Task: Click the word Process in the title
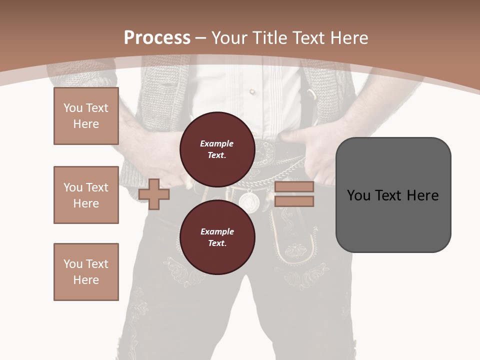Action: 157,37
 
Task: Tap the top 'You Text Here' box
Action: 86,116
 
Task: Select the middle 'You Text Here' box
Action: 86,195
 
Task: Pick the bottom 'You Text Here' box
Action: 86,272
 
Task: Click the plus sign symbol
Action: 154,193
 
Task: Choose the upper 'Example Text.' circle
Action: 217,149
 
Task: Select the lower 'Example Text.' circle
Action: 217,237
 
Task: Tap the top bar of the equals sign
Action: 294,186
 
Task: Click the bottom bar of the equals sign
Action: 294,201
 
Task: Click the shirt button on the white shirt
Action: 252,92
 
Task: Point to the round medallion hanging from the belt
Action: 248,201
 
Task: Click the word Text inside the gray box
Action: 390,195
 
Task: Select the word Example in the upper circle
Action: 217,143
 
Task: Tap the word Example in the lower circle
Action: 217,231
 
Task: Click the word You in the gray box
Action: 359,195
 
